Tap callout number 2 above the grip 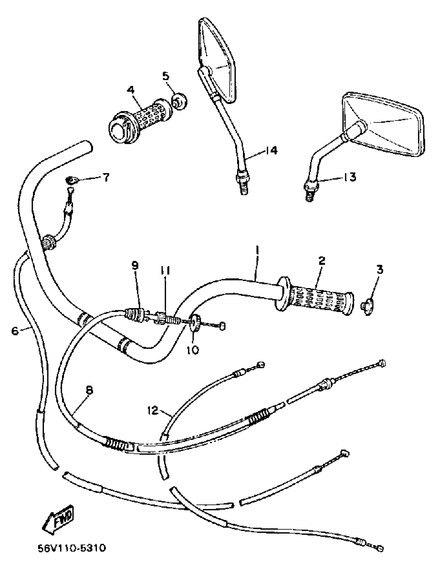322,261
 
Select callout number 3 380,270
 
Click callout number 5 166,76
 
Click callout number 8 89,391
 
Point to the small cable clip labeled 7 71,180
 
